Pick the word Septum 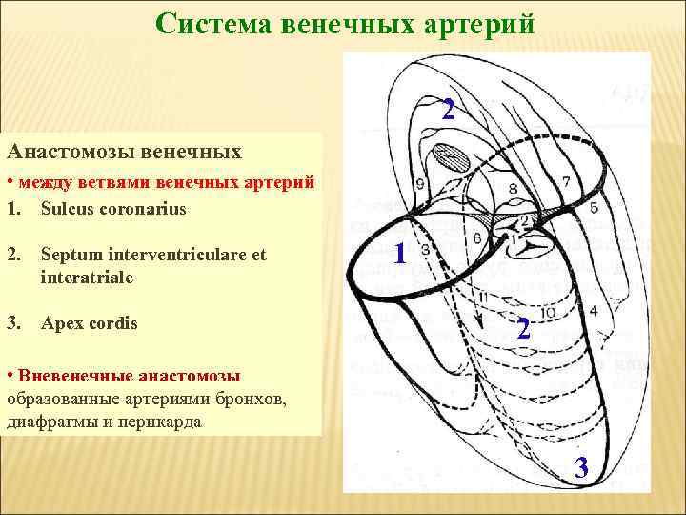[71, 256]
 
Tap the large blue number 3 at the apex [581, 468]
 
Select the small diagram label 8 [512, 189]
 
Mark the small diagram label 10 [549, 313]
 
